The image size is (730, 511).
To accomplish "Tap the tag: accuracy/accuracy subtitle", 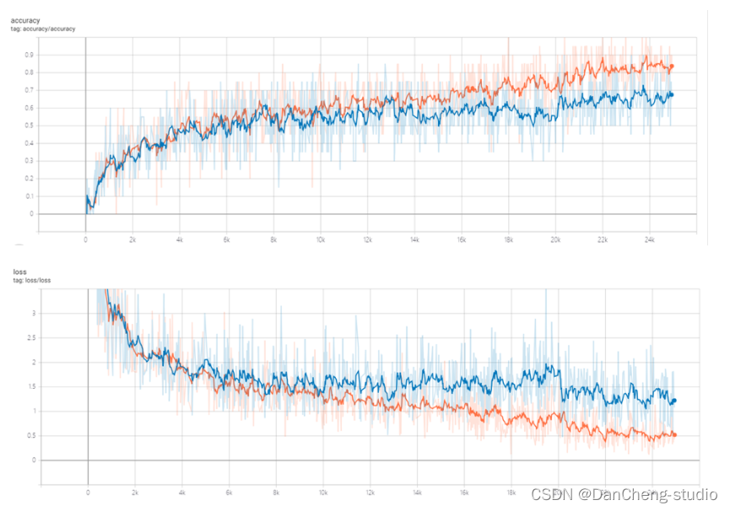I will coord(43,29).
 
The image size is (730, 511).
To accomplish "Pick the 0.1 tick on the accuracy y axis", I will coord(30,196).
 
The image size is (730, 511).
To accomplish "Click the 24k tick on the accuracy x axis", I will coord(648,240).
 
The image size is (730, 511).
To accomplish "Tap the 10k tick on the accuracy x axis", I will coord(320,240).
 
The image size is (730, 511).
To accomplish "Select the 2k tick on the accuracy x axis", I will coord(132,240).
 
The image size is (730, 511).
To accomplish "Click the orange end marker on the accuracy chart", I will coord(672,67).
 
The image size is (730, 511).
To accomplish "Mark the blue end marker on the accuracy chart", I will coord(672,94).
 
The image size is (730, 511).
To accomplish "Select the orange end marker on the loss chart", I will coord(674,435).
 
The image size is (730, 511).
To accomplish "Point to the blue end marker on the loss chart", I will coord(674,401).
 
